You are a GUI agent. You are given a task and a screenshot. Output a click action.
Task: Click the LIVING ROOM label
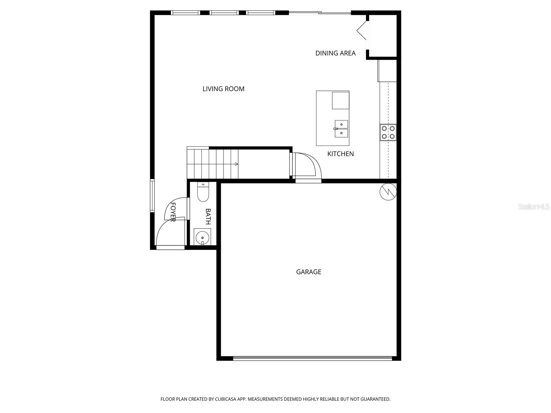pos(223,89)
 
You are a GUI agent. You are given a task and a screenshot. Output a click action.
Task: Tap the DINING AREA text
pos(335,53)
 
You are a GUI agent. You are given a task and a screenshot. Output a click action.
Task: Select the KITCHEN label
pos(340,154)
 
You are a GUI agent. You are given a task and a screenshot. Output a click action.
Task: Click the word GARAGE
pos(309,272)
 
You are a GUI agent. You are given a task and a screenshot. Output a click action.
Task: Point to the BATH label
pos(208,216)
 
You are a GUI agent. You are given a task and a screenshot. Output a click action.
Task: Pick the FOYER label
pos(173,212)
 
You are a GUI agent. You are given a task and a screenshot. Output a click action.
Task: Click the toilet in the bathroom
pos(203,193)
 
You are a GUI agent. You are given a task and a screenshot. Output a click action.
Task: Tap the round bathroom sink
pos(202,237)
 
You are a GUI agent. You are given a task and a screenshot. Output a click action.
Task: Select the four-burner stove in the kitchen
pos(388,133)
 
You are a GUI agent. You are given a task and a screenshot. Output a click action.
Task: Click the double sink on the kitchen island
pos(341,129)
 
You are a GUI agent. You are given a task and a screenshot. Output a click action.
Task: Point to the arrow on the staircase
pos(236,164)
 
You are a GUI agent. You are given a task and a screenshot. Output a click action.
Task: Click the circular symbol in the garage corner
pos(388,192)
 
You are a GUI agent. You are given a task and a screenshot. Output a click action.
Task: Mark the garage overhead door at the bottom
pos(312,358)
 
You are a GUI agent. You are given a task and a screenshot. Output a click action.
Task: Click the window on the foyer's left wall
pos(152,195)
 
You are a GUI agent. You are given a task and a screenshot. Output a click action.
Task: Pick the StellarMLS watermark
pos(534,207)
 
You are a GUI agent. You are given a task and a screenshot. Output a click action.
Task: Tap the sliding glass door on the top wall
pos(320,13)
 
